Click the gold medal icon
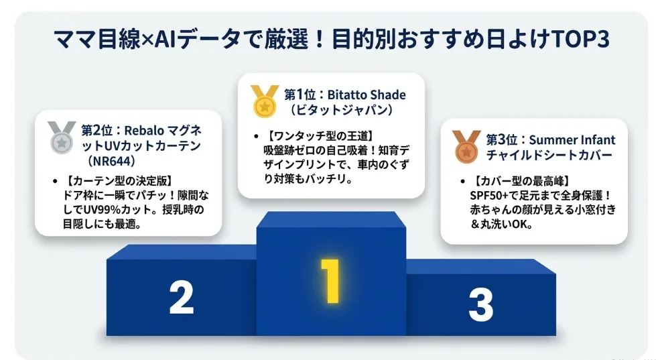(264, 101)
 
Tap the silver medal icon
(62, 137)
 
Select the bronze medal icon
(466, 146)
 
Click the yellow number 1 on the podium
(330, 281)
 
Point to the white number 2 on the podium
(182, 298)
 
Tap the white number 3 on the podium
(481, 304)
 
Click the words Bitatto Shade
(367, 95)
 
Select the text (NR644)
(111, 161)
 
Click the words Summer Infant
(572, 140)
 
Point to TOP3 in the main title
(580, 40)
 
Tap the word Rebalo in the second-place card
(143, 131)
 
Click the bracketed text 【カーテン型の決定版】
(118, 181)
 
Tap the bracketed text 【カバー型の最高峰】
(521, 181)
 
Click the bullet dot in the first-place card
(256, 137)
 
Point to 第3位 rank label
(502, 140)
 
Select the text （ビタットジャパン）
(341, 110)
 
